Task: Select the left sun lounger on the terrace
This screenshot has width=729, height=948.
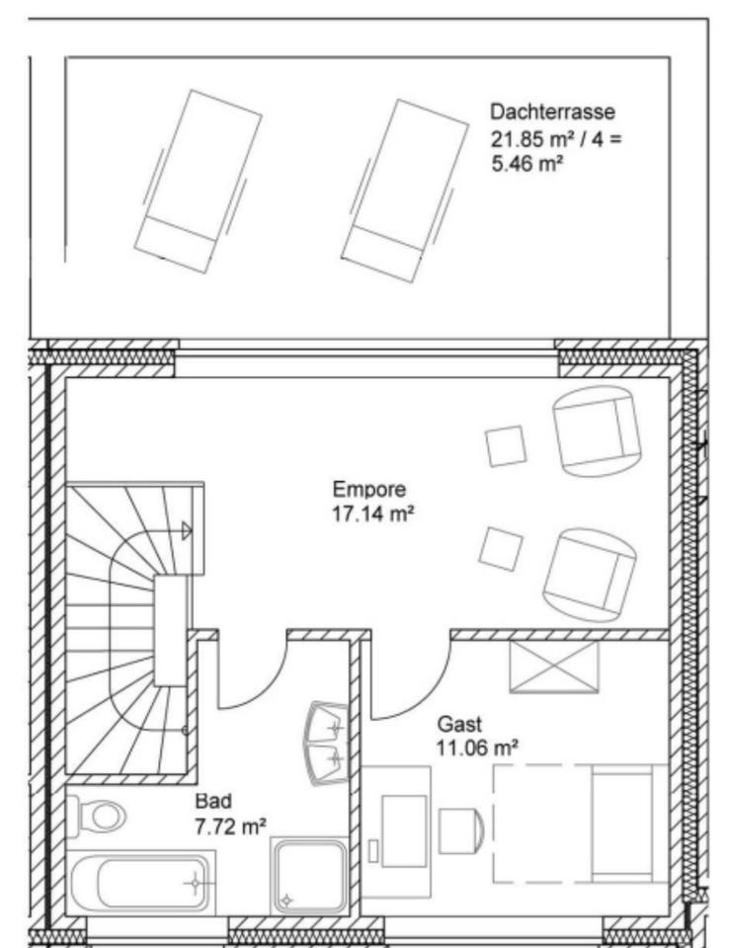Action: [x=198, y=180]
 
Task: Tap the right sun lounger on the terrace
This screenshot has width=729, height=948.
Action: [x=404, y=190]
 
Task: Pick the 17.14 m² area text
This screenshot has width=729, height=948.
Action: [x=368, y=513]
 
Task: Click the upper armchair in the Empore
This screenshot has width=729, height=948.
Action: [x=596, y=429]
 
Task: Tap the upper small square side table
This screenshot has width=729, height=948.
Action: [x=506, y=445]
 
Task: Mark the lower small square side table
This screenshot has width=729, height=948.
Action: [x=501, y=549]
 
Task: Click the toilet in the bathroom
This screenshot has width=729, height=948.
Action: [x=95, y=816]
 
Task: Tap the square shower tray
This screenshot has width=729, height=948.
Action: [x=309, y=875]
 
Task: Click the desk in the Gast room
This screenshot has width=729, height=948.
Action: [x=397, y=829]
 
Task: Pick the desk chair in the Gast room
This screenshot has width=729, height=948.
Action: [x=460, y=829]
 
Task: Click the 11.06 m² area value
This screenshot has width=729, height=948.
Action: [x=477, y=749]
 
